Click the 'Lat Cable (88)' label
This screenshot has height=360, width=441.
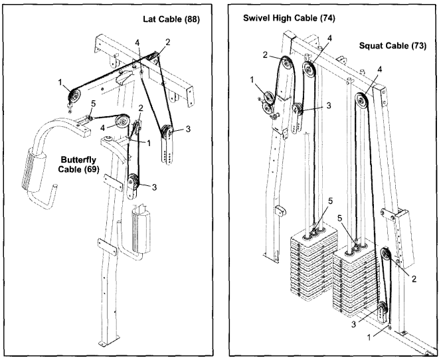[x=171, y=19]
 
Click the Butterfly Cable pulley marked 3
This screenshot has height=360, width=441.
[x=135, y=179]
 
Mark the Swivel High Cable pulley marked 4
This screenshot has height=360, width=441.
[x=309, y=69]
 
